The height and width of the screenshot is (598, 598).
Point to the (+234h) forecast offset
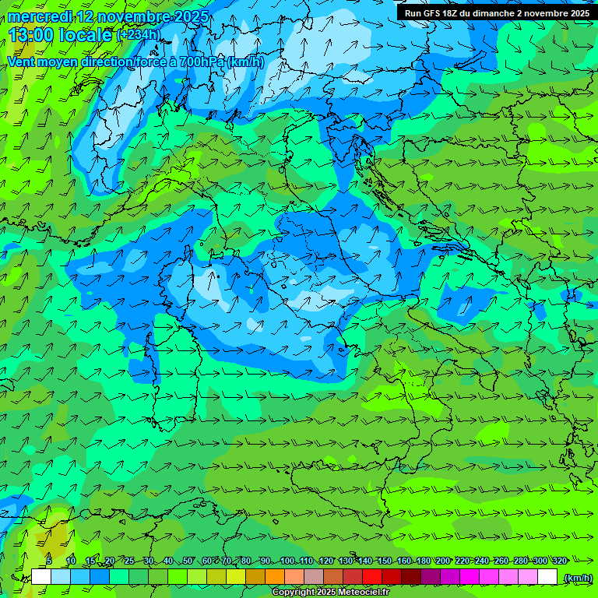pos(139,35)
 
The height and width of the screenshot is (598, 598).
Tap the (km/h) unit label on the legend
pos(577,578)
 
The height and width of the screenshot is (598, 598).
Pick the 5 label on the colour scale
pos(49,561)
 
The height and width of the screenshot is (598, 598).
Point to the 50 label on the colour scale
pos(188,561)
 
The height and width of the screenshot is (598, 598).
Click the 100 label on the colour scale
pos(287,561)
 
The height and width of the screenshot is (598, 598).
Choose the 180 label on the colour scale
pos(423,561)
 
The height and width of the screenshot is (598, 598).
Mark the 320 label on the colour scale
pos(560,561)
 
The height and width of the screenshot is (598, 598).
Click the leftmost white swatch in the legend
pos(41,577)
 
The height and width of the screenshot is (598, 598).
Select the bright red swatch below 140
pos(372,577)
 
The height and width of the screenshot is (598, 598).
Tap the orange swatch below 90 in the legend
pos(275,577)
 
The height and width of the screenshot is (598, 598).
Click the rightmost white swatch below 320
pos(547,577)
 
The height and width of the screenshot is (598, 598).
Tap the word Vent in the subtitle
pos(21,62)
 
